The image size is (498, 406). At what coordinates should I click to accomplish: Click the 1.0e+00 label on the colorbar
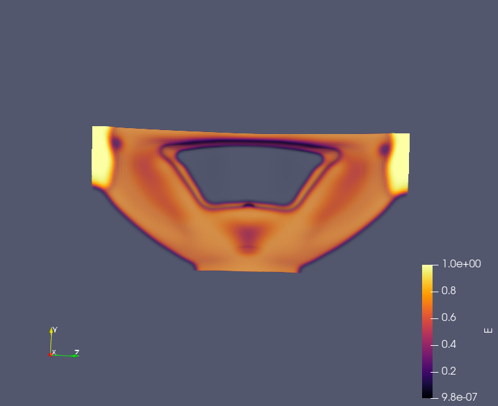461,264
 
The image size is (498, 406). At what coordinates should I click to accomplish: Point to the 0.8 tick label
448,290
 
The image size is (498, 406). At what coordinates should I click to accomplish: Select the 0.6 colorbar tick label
448,317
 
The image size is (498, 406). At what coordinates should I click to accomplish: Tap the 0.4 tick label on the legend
448,344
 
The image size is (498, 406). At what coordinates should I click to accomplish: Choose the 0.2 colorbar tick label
448,371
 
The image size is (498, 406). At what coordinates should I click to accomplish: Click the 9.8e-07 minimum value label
459,397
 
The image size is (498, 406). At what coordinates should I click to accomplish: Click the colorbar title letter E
488,331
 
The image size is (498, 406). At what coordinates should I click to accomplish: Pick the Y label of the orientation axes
55,330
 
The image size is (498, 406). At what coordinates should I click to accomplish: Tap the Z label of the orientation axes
77,352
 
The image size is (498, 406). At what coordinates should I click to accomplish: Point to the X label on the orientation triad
54,352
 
